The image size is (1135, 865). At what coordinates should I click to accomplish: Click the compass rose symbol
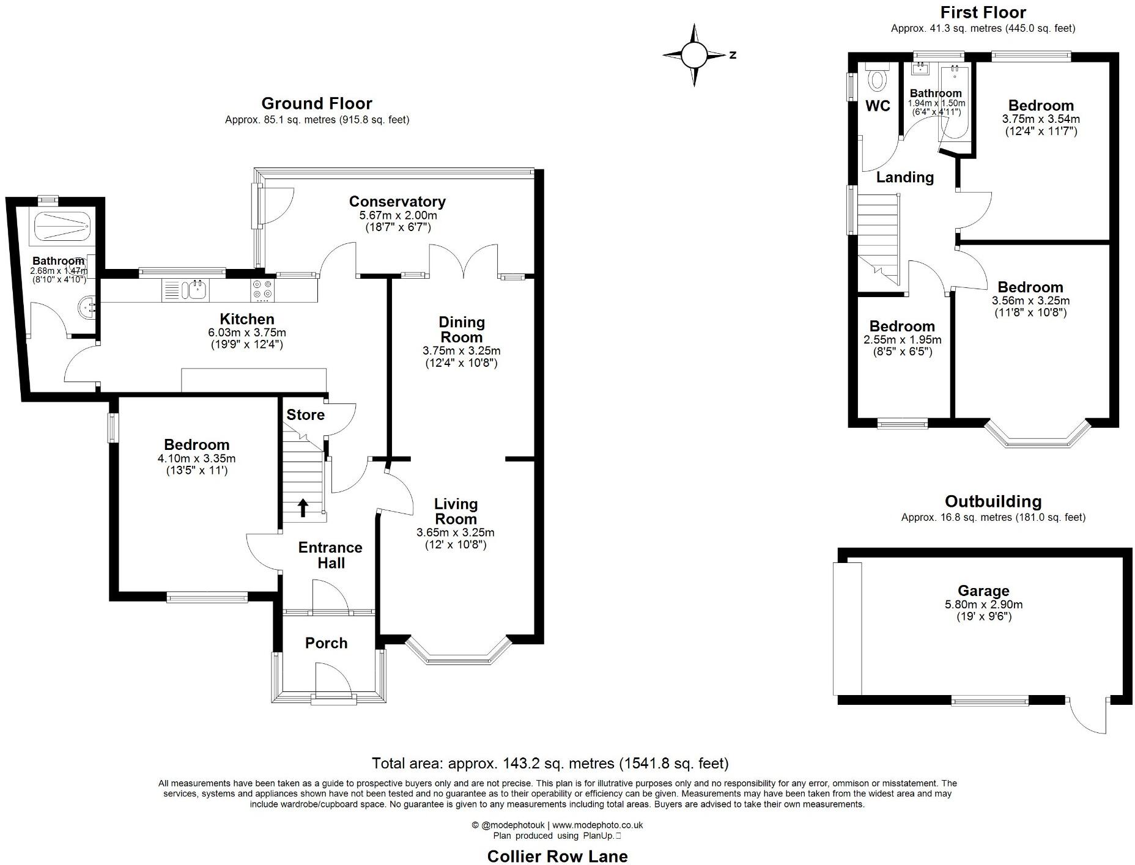pos(694,55)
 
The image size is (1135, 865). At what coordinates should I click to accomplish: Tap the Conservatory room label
pos(397,201)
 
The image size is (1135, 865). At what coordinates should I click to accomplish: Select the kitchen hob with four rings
pos(262,289)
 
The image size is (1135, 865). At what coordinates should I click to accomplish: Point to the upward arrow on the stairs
pos(303,507)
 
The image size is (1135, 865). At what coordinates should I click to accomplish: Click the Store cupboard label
pos(305,414)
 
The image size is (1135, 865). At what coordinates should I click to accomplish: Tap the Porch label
pos(326,642)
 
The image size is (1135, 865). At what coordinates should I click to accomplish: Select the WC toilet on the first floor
pos(878,79)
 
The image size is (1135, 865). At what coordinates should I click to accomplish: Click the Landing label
pos(904,177)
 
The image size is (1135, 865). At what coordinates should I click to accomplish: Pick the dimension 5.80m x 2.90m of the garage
pos(983,604)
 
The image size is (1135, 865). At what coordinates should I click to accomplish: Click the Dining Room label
pos(461,329)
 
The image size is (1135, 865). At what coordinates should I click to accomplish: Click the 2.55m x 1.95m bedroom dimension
pos(902,340)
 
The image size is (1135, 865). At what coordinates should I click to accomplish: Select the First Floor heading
pos(983,12)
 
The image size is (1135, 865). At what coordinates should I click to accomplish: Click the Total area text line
pos(550,763)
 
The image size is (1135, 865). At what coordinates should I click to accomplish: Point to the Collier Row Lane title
pos(557,856)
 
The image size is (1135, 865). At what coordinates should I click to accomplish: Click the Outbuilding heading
pos(993,501)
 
